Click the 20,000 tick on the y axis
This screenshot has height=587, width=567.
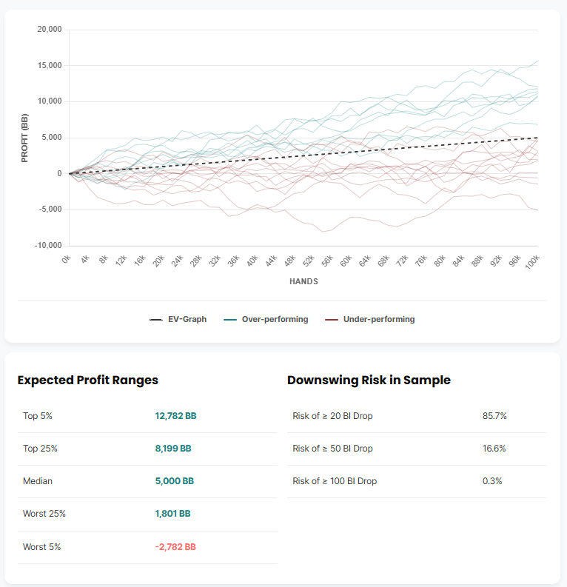48,30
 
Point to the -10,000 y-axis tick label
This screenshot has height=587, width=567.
47,246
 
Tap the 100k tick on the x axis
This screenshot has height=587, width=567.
533,261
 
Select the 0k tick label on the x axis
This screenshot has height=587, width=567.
66,258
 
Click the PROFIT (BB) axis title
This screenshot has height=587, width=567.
24,138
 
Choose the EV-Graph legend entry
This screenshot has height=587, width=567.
178,320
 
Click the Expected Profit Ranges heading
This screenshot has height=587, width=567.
87,380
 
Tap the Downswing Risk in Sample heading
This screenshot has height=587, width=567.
369,380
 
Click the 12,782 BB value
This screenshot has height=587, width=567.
175,416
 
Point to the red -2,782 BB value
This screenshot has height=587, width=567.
175,547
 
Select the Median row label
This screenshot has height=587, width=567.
38,481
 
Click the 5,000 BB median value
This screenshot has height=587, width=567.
174,481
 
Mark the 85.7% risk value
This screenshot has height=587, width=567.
494,416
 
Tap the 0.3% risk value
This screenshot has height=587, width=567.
492,481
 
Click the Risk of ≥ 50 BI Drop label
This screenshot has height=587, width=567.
332,449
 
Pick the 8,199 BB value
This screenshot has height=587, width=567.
173,449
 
